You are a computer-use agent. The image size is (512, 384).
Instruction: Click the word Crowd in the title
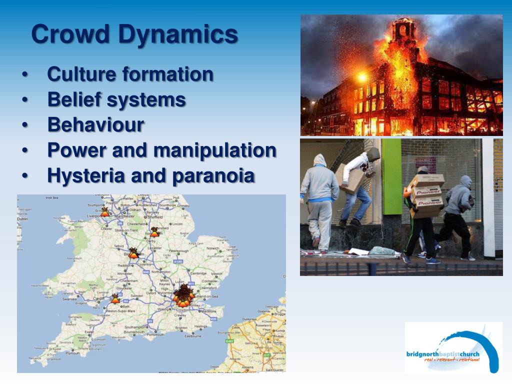click(70, 34)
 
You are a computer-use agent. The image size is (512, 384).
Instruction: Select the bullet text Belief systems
click(116, 99)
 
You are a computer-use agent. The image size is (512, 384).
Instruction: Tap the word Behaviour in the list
click(95, 124)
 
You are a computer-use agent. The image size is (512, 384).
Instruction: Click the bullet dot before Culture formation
click(25, 75)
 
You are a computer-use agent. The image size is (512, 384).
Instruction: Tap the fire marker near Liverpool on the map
click(104, 212)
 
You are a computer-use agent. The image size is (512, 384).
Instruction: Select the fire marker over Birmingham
click(133, 253)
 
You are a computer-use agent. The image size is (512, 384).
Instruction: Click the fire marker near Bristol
click(115, 298)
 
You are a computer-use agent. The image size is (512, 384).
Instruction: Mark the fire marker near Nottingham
click(154, 232)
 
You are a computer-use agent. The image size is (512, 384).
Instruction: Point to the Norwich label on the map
click(213, 248)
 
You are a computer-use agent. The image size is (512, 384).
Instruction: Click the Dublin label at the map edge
click(22, 218)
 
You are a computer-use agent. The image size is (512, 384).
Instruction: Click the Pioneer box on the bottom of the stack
click(428, 202)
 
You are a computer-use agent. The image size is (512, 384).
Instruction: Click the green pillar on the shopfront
click(391, 170)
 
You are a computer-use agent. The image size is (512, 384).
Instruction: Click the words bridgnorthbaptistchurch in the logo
click(442, 354)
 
